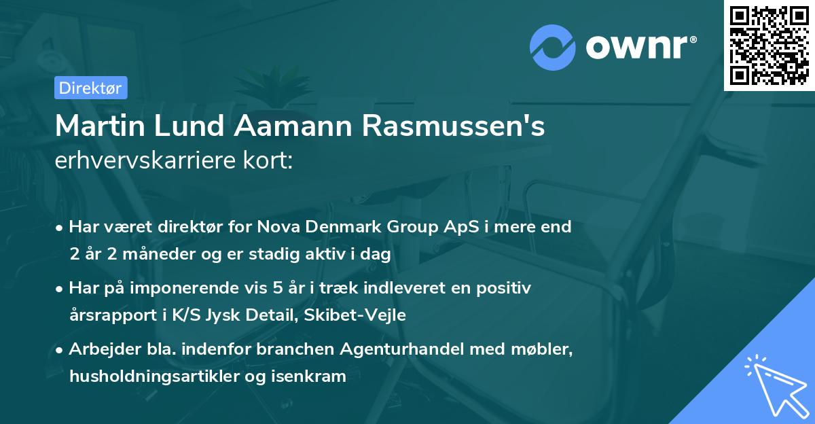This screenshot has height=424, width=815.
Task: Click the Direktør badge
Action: pyautogui.click(x=90, y=88)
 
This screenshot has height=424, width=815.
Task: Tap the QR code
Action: pyautogui.click(x=769, y=45)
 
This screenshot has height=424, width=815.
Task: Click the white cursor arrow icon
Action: pyautogui.click(x=775, y=385)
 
